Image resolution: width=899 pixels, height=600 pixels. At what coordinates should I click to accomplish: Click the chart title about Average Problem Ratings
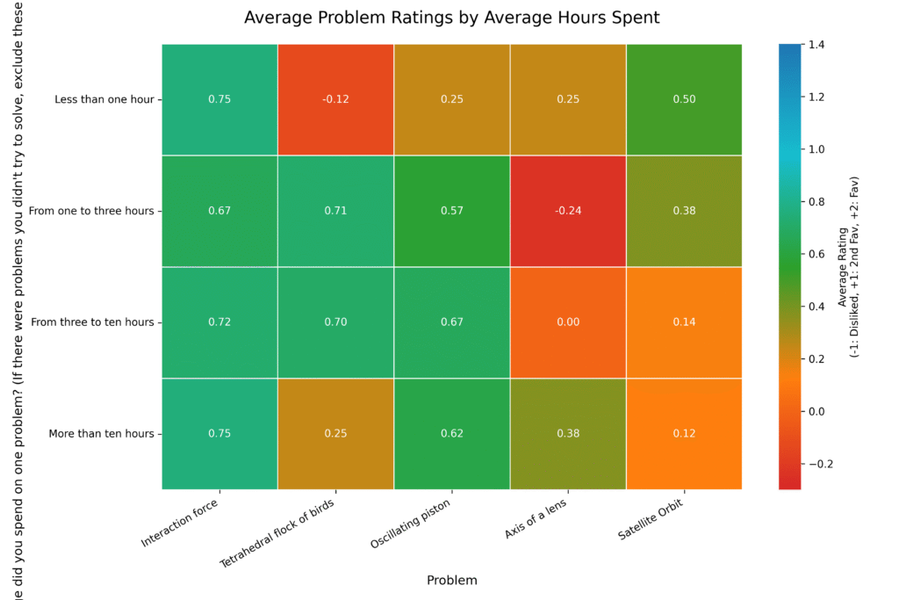[x=451, y=18]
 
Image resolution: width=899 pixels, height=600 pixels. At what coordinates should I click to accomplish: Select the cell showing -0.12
[x=335, y=99]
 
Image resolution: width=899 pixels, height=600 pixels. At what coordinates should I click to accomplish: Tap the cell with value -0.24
[x=568, y=211]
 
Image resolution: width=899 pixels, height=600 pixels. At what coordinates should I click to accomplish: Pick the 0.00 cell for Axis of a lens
[x=568, y=322]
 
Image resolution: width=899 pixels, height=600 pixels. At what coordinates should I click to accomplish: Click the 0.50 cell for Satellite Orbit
[x=684, y=99]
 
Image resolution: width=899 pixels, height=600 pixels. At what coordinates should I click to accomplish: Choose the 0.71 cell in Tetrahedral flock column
[x=335, y=211]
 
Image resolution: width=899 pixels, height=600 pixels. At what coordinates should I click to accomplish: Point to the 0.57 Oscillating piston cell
[x=451, y=211]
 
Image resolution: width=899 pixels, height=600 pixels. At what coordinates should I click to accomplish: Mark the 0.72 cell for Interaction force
[x=219, y=322]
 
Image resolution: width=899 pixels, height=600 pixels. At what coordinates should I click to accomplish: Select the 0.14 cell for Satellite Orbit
[x=684, y=322]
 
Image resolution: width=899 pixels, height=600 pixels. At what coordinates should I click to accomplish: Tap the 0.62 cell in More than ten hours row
[x=451, y=433]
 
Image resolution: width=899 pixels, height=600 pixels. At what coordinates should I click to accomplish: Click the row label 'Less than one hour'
[x=104, y=99]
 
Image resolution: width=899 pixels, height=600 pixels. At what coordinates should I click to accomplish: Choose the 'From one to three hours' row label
[x=90, y=211]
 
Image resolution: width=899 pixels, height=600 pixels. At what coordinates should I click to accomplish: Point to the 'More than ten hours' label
[x=103, y=433]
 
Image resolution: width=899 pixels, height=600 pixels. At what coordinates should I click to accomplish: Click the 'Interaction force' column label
[x=180, y=523]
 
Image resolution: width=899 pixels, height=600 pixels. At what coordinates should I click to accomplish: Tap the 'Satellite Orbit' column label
[x=651, y=521]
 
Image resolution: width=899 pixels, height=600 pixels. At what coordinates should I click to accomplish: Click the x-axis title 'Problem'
[x=451, y=581]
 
